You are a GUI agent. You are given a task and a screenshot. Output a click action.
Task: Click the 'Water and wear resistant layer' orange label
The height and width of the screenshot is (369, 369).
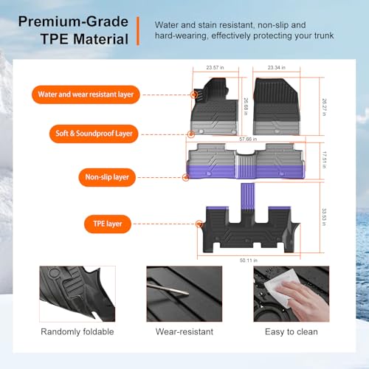(86, 94)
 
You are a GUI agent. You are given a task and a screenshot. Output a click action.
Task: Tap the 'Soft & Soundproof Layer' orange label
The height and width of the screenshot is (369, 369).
(94, 134)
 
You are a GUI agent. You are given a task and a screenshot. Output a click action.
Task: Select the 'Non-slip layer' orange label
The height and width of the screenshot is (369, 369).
(107, 177)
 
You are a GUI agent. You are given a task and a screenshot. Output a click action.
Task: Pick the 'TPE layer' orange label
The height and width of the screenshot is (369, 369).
(108, 224)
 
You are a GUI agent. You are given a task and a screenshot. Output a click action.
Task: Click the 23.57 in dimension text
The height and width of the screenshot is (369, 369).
(215, 67)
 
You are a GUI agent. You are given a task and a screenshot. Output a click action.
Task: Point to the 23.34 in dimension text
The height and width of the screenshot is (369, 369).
(277, 67)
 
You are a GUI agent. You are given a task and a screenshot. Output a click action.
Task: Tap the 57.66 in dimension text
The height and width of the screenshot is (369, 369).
(248, 139)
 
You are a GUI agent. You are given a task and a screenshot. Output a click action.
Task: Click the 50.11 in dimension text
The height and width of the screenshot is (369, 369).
(249, 261)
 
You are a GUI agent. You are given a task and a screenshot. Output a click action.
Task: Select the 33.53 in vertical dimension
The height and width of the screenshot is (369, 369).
(324, 217)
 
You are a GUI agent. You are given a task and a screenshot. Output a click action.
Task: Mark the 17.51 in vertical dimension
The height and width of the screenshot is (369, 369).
(324, 160)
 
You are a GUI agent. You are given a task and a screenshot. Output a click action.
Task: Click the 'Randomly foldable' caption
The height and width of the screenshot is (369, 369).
(77, 331)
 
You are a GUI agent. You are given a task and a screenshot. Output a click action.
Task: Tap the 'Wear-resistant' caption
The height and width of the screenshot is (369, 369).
(184, 331)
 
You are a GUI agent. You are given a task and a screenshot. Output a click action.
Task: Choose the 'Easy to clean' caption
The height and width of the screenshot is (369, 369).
(292, 332)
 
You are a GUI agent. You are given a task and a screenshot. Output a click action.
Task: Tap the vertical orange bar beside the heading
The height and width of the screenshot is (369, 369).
(138, 31)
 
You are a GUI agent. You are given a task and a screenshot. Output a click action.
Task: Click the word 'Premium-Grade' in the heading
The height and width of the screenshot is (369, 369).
(73, 21)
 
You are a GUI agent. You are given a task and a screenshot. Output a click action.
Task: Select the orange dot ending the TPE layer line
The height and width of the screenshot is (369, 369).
(199, 224)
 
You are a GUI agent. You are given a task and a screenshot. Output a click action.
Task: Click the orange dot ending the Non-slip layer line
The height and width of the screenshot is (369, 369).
(186, 177)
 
